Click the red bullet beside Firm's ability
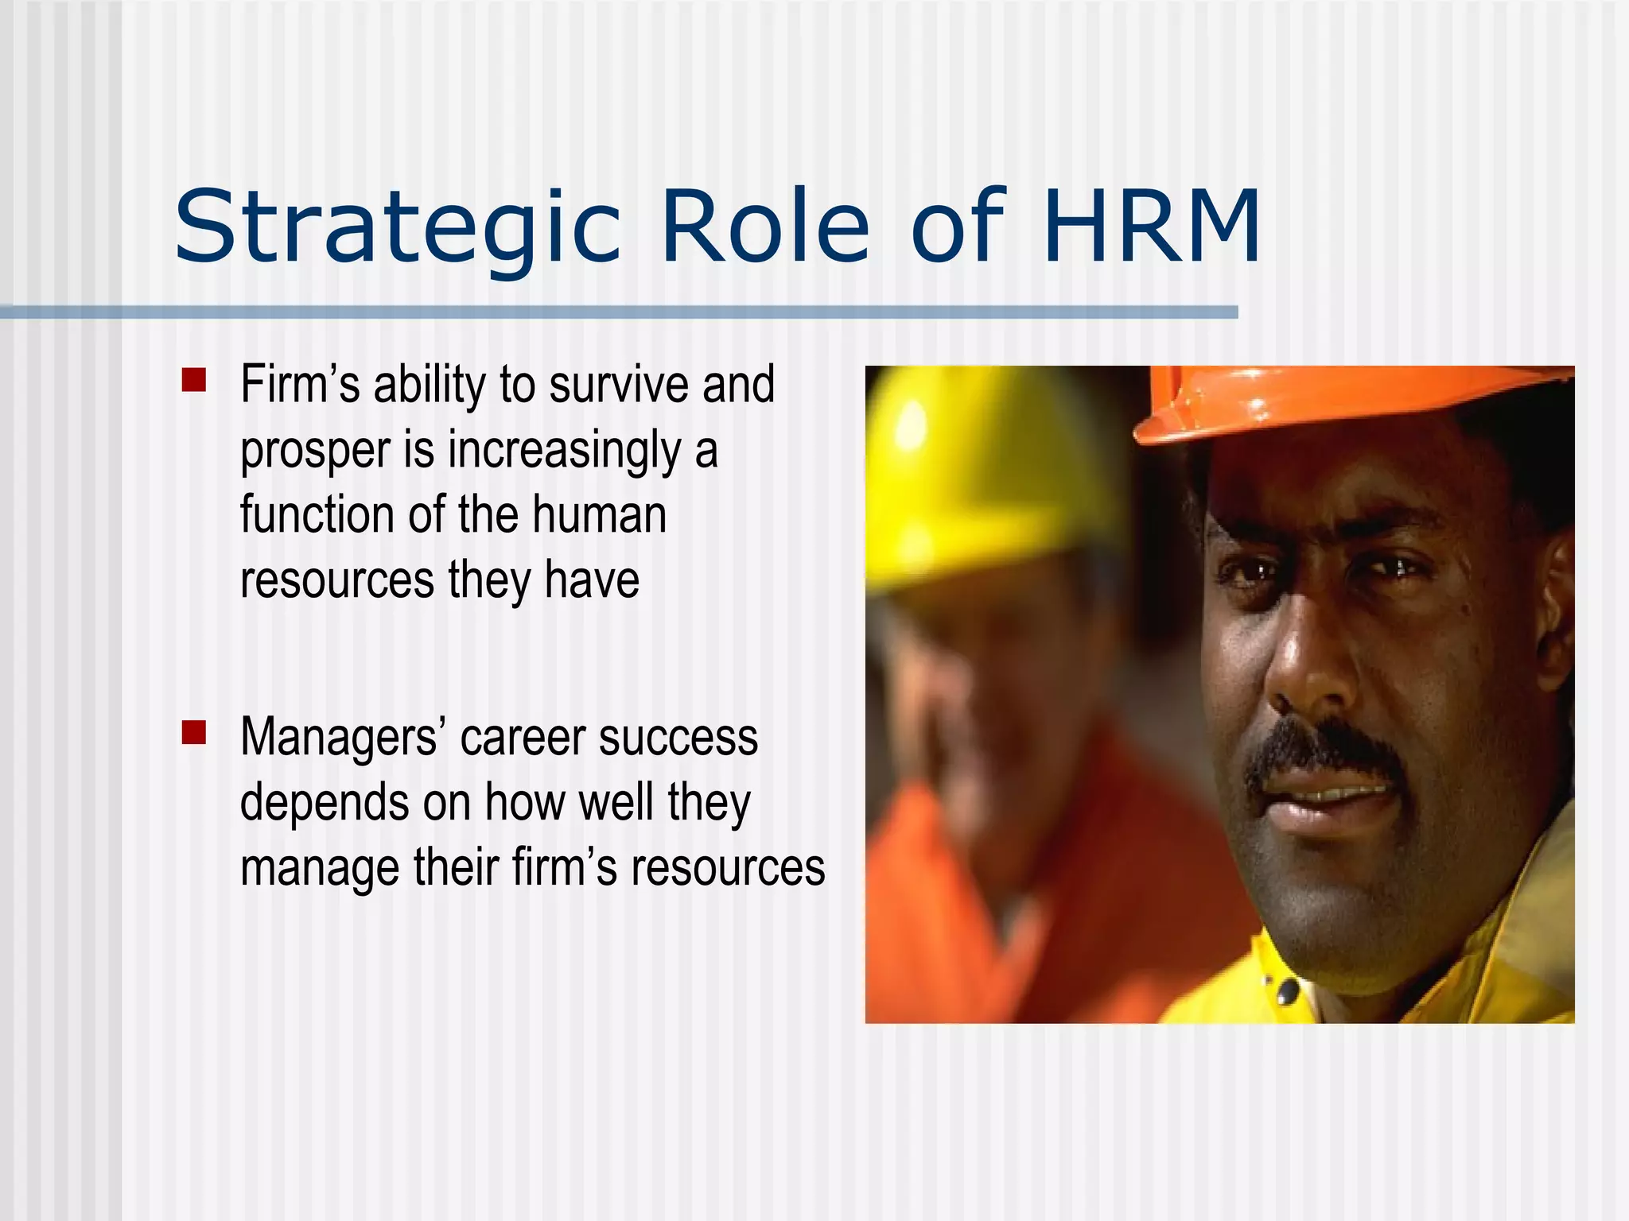[x=193, y=380]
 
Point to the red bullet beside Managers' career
[x=193, y=732]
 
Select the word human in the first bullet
[x=599, y=514]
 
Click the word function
[x=317, y=514]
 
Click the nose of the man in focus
[x=1308, y=668]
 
